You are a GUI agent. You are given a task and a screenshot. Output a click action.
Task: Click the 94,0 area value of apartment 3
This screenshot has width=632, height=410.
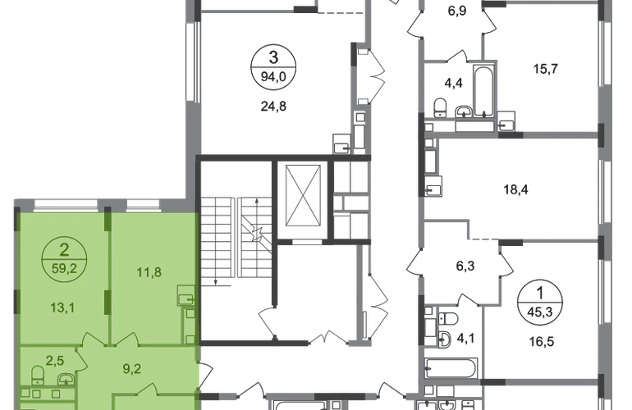click(x=273, y=76)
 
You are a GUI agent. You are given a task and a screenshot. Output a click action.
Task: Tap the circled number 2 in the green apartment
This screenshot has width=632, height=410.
click(x=64, y=250)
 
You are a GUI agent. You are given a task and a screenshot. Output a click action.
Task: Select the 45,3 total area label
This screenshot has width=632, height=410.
click(x=540, y=312)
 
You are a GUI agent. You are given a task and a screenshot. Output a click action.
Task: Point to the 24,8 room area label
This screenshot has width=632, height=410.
click(x=273, y=107)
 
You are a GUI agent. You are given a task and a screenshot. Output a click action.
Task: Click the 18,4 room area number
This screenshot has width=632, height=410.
click(x=516, y=189)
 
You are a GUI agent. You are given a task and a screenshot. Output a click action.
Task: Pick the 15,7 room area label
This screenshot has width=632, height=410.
click(x=546, y=69)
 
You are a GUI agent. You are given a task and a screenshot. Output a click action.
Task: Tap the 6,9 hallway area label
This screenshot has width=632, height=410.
click(x=457, y=11)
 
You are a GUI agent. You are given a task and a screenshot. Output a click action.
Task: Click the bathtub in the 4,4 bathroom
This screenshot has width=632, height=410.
click(x=483, y=91)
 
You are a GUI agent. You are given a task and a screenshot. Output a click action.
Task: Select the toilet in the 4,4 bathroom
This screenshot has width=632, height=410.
click(x=440, y=108)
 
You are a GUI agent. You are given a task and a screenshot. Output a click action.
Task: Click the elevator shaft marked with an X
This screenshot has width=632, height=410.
click(x=303, y=195)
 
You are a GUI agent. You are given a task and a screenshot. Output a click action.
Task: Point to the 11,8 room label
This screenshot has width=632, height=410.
click(x=149, y=272)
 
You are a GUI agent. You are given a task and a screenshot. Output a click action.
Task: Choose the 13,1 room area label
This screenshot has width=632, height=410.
click(x=62, y=308)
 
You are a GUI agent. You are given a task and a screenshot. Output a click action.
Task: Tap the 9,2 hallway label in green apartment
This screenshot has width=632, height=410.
click(x=132, y=369)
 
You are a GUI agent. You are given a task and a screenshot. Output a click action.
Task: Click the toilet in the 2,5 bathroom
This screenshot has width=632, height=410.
click(x=38, y=375)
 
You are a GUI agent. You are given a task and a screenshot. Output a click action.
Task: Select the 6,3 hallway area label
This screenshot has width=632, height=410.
click(x=465, y=266)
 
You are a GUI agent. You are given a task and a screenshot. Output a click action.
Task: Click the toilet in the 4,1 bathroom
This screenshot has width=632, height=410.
click(x=448, y=319)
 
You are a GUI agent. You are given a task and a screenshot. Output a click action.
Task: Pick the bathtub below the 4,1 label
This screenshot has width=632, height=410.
click(x=451, y=368)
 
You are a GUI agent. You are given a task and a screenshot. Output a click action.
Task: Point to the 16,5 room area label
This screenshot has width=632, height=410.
click(x=542, y=342)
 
